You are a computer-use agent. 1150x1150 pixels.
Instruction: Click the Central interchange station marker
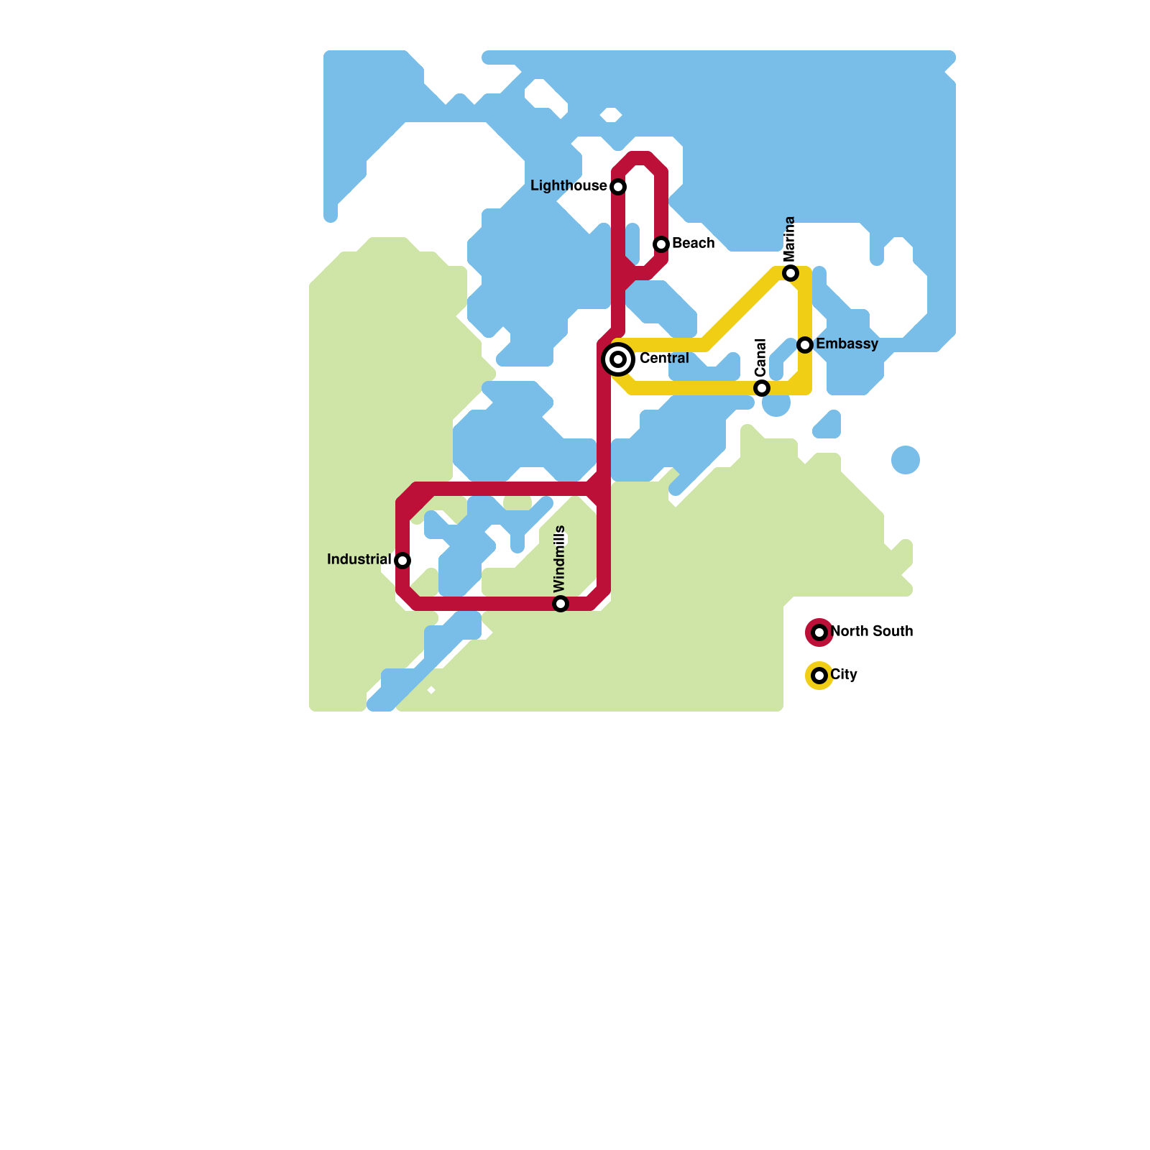tap(618, 359)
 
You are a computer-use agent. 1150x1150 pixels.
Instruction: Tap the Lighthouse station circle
tap(618, 187)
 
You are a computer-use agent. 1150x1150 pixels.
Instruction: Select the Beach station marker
tap(661, 244)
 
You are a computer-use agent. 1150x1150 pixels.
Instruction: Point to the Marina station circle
tap(791, 273)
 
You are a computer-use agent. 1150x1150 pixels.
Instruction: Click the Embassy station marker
tap(805, 345)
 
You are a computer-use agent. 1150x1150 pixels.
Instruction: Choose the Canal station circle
tap(762, 388)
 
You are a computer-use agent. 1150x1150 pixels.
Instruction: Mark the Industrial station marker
tap(402, 561)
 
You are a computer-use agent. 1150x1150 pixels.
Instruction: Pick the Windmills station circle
tap(561, 604)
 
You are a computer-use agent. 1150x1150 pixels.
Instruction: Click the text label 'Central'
tap(664, 358)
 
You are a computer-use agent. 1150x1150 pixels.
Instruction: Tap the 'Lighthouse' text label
tap(569, 186)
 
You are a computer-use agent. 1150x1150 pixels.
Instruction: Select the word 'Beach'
tap(693, 243)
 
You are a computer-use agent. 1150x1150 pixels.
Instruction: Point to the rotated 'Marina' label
tap(790, 239)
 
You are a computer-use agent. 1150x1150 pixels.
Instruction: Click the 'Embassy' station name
tap(847, 344)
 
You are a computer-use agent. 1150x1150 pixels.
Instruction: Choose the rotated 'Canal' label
tap(761, 357)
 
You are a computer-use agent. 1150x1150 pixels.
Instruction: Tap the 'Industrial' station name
tap(359, 559)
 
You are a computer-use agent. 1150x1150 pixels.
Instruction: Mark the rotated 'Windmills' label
tap(560, 559)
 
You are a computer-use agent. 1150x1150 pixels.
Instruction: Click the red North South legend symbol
tap(819, 632)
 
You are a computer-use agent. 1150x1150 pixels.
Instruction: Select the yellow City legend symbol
tap(819, 676)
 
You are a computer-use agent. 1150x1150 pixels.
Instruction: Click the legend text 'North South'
tap(871, 631)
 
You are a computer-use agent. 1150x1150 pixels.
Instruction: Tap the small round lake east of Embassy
tap(906, 460)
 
